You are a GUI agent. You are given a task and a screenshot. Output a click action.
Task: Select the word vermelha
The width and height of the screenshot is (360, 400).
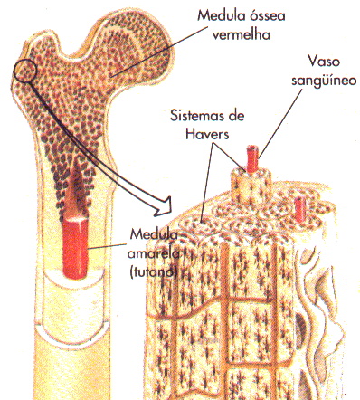click(x=242, y=34)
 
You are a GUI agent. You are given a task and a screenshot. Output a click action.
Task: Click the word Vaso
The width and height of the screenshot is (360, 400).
click(x=324, y=62)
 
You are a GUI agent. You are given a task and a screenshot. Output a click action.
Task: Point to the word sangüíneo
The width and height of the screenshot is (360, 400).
click(x=324, y=81)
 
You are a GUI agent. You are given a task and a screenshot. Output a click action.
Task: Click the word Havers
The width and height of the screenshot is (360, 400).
click(x=207, y=134)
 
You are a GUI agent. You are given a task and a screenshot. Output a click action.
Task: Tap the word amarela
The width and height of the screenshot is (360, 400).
click(x=154, y=253)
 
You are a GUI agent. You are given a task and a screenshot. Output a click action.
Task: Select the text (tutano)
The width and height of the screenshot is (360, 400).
click(x=153, y=272)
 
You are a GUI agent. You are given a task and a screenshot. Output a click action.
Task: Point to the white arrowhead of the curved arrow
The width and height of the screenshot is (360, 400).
click(x=163, y=206)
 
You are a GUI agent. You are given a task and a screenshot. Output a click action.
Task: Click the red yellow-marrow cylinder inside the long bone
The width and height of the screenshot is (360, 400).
click(x=75, y=247)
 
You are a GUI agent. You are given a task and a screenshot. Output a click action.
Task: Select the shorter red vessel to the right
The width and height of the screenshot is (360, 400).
click(x=299, y=208)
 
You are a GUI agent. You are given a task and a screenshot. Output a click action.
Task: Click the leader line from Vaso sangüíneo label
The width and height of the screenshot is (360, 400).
click(x=279, y=124)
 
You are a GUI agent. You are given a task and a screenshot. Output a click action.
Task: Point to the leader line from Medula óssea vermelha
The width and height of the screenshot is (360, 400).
click(x=159, y=52)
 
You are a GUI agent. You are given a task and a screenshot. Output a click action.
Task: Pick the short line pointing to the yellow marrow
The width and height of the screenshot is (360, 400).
click(x=108, y=246)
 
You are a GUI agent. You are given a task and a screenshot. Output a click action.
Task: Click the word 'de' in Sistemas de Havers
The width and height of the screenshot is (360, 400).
click(x=236, y=116)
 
